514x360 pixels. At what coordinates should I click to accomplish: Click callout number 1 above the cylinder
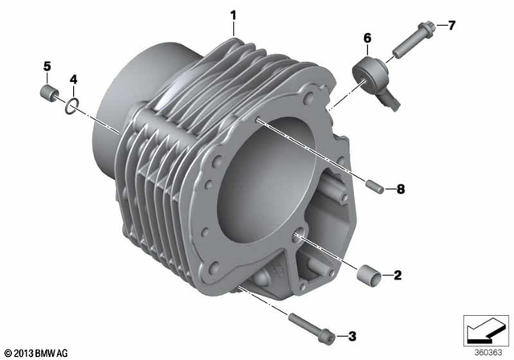pos(234,14)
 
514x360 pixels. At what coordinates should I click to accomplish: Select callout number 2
pos(397,275)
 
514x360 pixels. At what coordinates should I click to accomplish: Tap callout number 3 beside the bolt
pos(351,334)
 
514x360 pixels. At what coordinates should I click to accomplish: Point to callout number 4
pos(72,79)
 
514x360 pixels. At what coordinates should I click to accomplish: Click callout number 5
pos(47,66)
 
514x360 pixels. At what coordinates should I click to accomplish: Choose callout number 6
pos(367,38)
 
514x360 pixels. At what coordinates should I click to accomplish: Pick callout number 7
pos(451,26)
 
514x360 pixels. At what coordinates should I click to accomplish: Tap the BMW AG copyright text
pos(37,352)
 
